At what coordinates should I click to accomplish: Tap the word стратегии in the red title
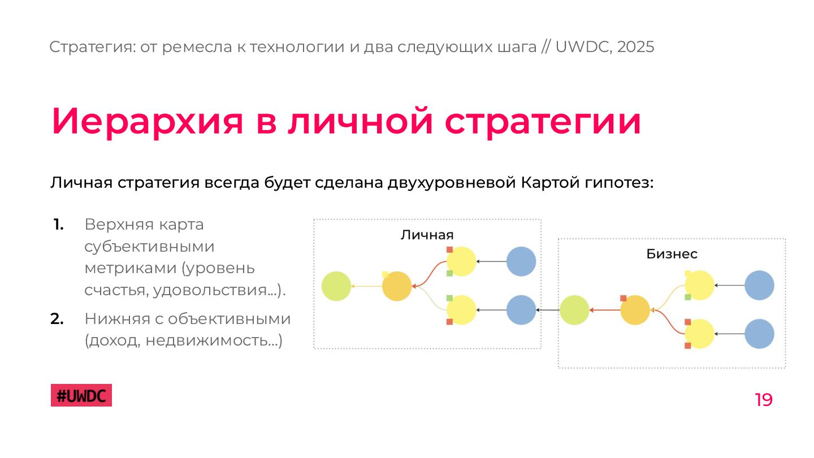542,121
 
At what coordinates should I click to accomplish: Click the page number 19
763,400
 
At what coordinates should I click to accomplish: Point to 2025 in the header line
635,47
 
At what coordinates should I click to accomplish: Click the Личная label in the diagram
427,235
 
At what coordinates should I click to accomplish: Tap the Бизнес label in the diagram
672,254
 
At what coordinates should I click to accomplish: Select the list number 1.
58,224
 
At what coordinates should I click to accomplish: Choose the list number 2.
57,319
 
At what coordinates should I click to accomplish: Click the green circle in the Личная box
336,286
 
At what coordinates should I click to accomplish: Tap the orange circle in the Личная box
397,286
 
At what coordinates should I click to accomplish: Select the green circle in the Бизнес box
575,310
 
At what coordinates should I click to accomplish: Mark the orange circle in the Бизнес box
635,310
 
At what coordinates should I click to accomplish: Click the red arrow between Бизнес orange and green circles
605,310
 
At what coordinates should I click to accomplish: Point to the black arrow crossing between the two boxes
548,310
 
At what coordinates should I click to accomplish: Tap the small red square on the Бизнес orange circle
623,298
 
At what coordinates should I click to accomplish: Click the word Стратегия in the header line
90,47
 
